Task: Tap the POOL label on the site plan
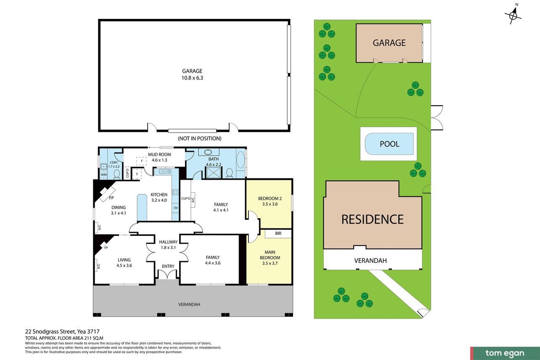click(x=389, y=144)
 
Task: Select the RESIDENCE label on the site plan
click(x=373, y=220)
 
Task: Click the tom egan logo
click(x=505, y=354)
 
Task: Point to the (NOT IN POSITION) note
click(x=200, y=138)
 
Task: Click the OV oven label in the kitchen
click(x=175, y=208)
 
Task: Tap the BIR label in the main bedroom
click(x=278, y=233)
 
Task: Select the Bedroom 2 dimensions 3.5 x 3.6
click(x=270, y=204)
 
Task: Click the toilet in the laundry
click(x=117, y=174)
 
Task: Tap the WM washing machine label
click(x=103, y=175)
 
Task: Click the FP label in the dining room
click(x=111, y=198)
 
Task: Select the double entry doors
click(x=168, y=274)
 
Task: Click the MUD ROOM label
click(x=159, y=155)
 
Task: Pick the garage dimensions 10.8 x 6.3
click(x=192, y=78)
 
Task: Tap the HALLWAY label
click(x=168, y=242)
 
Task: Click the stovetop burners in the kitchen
click(x=175, y=192)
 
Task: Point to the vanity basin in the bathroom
click(x=208, y=152)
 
